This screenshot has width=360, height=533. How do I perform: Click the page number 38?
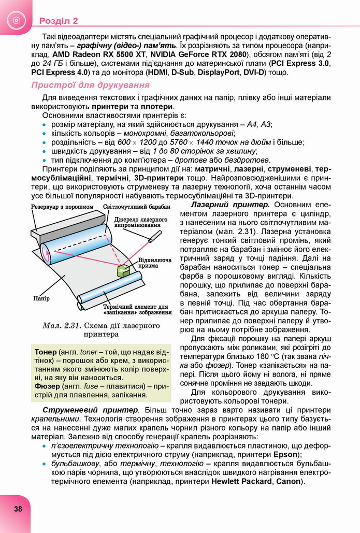coord(18,508)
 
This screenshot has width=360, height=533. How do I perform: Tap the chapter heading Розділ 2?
coord(58,21)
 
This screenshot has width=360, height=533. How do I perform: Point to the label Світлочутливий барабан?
coord(129,206)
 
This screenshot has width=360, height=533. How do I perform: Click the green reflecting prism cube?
coord(124,270)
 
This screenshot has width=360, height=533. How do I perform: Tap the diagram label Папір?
coord(41,298)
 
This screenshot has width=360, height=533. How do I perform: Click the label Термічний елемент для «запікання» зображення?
coord(137,309)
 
